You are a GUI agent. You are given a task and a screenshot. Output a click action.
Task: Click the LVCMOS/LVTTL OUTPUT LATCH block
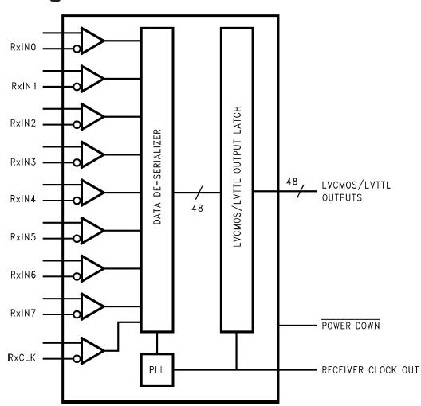[237, 179]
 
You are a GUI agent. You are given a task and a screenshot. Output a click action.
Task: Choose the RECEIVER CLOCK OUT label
[364, 370]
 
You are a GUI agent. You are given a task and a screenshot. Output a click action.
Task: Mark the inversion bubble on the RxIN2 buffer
[78, 124]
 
